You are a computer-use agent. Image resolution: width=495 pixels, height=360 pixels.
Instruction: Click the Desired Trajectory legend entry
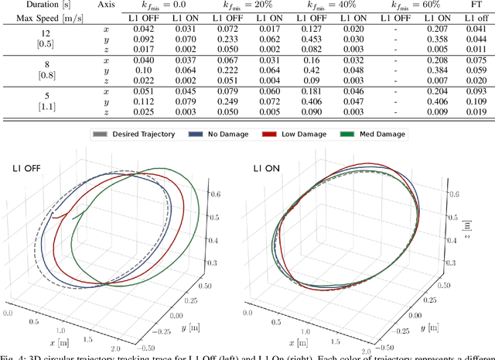pyautogui.click(x=142, y=135)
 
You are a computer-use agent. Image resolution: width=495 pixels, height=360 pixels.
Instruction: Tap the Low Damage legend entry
pyautogui.click(x=295, y=135)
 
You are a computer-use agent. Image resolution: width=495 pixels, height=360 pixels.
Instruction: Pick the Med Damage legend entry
pyautogui.click(x=373, y=135)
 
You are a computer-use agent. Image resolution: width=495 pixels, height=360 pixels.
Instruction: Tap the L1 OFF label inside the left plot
pyautogui.click(x=26, y=169)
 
